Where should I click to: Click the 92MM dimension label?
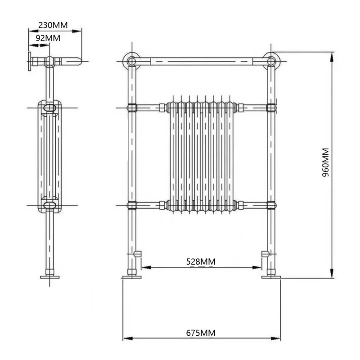[47, 38]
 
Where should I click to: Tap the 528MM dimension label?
[201, 261]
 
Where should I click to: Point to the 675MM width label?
[201, 333]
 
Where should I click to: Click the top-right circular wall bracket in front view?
[271, 61]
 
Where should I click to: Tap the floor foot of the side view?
[49, 276]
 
